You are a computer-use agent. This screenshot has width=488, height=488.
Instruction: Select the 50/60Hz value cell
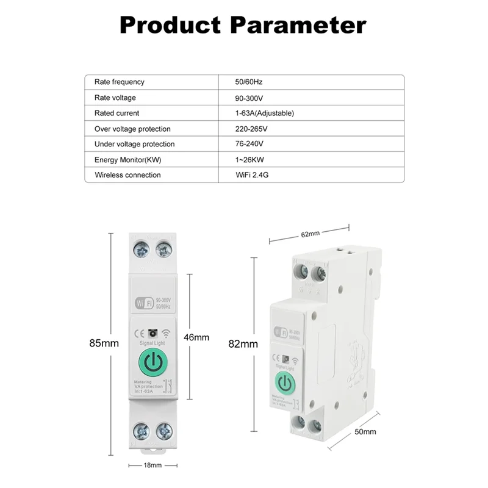point(249,82)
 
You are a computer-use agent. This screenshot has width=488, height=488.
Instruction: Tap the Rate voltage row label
point(115,98)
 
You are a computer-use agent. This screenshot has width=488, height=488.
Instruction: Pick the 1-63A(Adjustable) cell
point(265,113)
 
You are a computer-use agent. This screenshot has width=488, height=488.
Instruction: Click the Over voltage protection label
point(132,129)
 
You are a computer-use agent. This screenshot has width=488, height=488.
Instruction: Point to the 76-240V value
point(249,144)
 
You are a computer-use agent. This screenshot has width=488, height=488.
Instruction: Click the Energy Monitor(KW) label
point(127,160)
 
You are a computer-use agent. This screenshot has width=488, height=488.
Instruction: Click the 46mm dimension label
point(196,337)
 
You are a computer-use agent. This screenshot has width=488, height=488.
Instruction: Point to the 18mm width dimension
point(152,465)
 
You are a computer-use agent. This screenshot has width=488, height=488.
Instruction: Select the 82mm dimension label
point(243,343)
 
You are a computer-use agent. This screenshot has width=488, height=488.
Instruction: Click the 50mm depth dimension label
point(365,431)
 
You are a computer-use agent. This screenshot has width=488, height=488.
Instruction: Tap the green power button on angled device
point(284,382)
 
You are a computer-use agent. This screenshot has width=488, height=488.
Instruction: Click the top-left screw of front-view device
point(142,249)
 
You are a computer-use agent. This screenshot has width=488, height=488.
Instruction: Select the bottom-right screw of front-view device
point(163,431)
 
